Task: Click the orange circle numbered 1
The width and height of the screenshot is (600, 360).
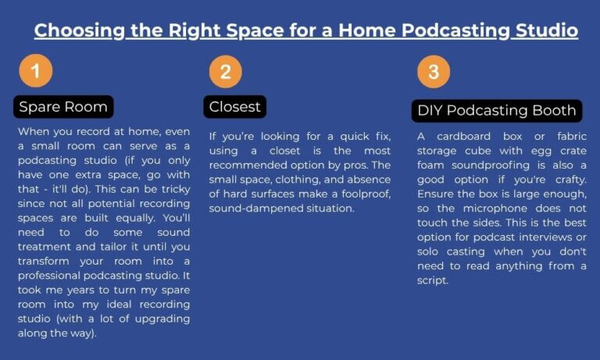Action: click(35, 72)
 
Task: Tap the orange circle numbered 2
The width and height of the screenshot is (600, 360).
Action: click(225, 72)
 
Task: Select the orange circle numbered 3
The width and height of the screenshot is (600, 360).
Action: click(433, 72)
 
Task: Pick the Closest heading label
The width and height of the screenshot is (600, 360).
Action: click(234, 105)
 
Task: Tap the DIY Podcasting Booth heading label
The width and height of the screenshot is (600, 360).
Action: click(496, 111)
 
